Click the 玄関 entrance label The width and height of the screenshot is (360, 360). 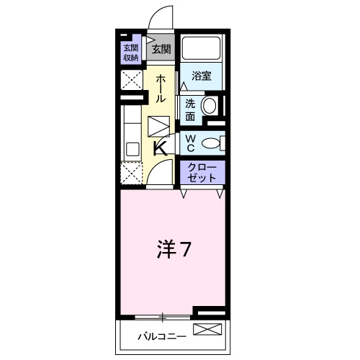click(161, 50)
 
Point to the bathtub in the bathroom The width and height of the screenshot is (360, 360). click(202, 48)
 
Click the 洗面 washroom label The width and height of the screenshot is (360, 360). click(190, 109)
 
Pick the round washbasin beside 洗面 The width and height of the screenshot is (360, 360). click(210, 107)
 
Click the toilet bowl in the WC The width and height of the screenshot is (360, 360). click(213, 143)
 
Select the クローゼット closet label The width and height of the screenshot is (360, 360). click(201, 171)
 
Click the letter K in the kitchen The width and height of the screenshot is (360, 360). click(161, 149)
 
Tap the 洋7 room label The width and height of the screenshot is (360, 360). click(174, 250)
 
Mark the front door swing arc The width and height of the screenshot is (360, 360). click(164, 18)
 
